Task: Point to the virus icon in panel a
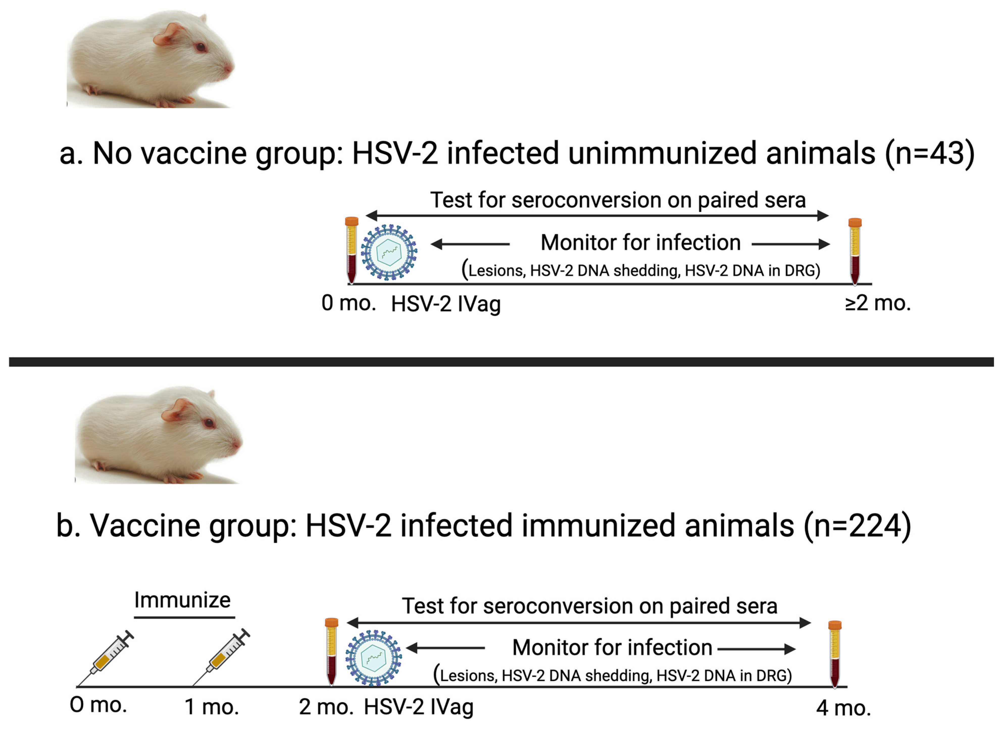[x=389, y=252]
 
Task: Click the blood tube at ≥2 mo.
[x=855, y=251]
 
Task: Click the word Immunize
[x=182, y=600]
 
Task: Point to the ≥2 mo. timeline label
[x=878, y=303]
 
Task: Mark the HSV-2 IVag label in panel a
[x=446, y=304]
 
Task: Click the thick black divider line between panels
[x=500, y=362]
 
